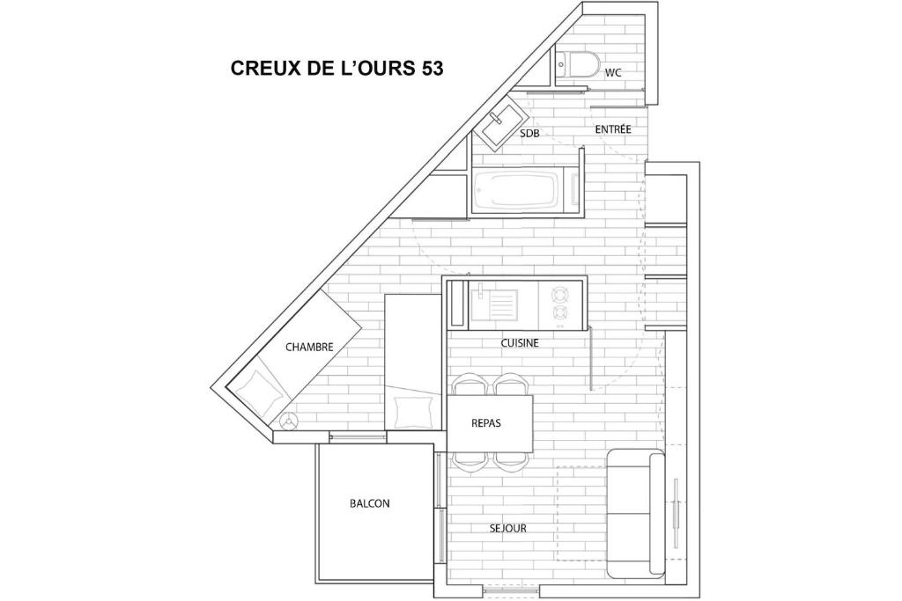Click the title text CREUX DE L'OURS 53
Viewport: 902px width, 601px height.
click(337, 68)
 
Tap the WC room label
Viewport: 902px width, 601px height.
click(613, 73)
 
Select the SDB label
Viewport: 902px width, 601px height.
click(529, 133)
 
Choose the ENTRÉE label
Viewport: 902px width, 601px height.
click(613, 129)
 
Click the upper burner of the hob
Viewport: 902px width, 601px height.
click(559, 295)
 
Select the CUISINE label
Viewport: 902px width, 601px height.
click(520, 343)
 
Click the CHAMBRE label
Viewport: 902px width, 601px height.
click(309, 347)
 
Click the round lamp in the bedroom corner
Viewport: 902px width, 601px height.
click(288, 421)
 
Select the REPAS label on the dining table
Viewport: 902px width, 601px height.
click(486, 423)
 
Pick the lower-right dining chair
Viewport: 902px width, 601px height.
click(511, 461)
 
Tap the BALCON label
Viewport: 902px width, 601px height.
click(370, 503)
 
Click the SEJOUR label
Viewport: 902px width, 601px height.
click(508, 528)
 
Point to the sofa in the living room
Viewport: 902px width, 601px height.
click(636, 514)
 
